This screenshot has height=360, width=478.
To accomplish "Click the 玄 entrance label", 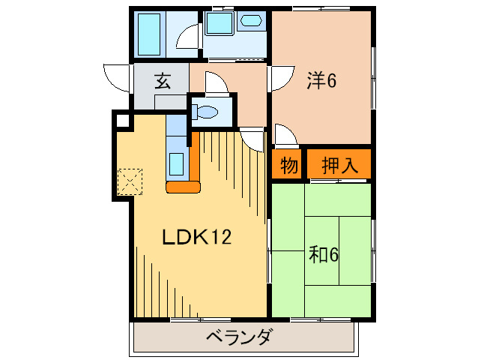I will coord(162,81).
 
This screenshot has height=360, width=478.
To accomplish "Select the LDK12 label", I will coord(197,238).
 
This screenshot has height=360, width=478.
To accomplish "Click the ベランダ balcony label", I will coord(239,337).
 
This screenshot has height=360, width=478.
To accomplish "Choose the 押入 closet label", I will coord(339,166).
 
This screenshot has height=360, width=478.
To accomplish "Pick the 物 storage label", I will coord(289,166).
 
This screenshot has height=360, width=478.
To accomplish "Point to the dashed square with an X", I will coord(130,181).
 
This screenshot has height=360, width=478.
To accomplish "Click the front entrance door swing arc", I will coord(118,76).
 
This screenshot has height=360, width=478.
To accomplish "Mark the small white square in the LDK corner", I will coord(122,119).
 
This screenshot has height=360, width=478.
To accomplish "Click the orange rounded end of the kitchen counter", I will coord(183,186).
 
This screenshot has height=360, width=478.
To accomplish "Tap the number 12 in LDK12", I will coord(220,238).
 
